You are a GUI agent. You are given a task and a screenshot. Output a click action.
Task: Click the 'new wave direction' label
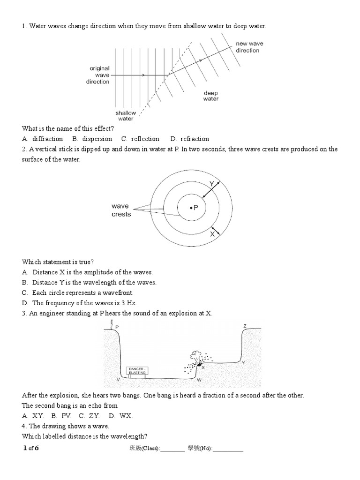[249, 47]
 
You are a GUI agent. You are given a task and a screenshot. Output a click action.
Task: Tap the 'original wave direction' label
[99, 75]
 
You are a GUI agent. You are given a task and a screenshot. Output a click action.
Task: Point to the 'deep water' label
[211, 96]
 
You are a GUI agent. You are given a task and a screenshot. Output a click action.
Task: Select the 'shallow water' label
[126, 115]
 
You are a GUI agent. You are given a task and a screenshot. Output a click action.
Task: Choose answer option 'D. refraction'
[189, 139]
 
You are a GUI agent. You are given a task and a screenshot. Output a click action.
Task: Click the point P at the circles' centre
[191, 208]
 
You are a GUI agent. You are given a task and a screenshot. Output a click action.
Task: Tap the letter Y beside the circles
[211, 184]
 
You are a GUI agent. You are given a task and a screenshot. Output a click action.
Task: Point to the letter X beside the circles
[212, 233]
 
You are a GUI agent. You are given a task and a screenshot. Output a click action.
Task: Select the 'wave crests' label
[121, 210]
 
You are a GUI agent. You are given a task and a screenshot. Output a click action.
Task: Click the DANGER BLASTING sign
[137, 371]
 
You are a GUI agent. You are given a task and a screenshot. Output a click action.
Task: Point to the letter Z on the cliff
[245, 326]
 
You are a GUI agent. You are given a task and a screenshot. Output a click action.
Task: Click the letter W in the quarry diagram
[199, 379]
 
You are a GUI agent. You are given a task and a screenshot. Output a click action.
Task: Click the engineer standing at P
[111, 324]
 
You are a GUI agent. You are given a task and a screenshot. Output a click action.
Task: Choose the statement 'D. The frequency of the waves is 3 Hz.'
[78, 303]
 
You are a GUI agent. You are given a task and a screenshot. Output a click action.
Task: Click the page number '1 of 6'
[31, 448]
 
